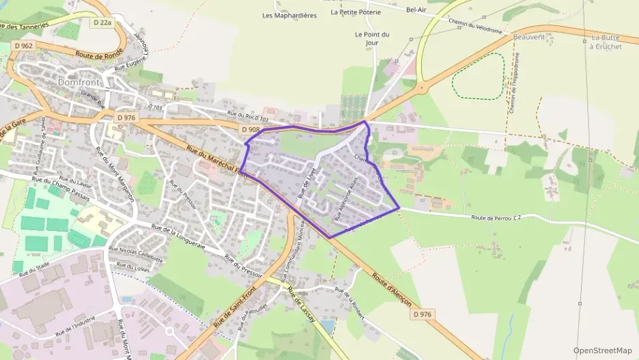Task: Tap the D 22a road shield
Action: [x=102, y=23]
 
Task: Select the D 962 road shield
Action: [x=23, y=46]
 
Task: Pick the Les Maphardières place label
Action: [x=289, y=14]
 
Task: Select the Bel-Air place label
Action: [x=416, y=10]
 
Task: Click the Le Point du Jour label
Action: [x=372, y=38]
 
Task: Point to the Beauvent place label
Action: [x=531, y=36]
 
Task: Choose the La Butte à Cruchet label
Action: [x=606, y=42]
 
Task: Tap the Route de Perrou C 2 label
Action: [x=496, y=217]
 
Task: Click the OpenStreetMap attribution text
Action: [x=602, y=350]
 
